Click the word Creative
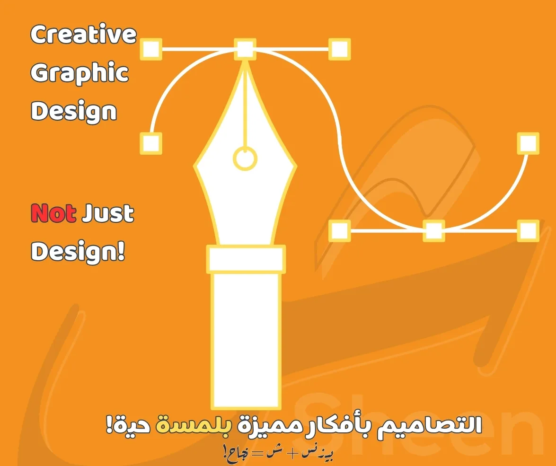tap(83, 35)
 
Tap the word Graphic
tap(79, 73)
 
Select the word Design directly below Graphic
tap(73, 112)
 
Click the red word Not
tap(53, 214)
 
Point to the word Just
tap(107, 214)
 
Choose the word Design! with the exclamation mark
tap(78, 252)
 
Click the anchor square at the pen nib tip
tap(245, 49)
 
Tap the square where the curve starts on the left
tap(151, 143)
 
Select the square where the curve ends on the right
tap(528, 143)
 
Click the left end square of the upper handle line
tap(151, 49)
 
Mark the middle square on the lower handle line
tap(433, 231)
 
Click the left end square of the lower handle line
tap(339, 231)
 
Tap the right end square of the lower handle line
tap(528, 231)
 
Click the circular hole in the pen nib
tap(245, 158)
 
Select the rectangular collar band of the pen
tap(246, 259)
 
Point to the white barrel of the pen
tap(246, 341)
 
